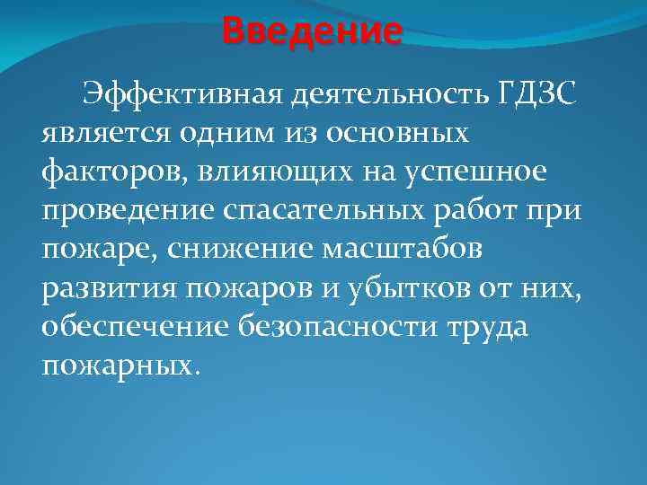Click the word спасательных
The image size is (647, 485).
(312, 212)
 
